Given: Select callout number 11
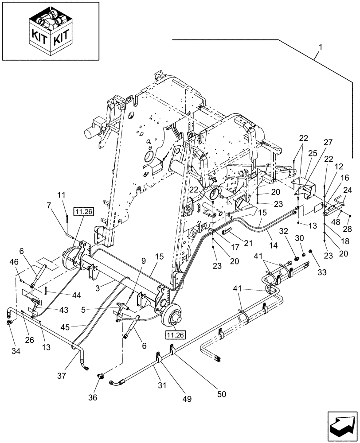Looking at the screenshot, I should point(61,194).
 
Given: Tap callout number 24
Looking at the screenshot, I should point(347,190).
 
